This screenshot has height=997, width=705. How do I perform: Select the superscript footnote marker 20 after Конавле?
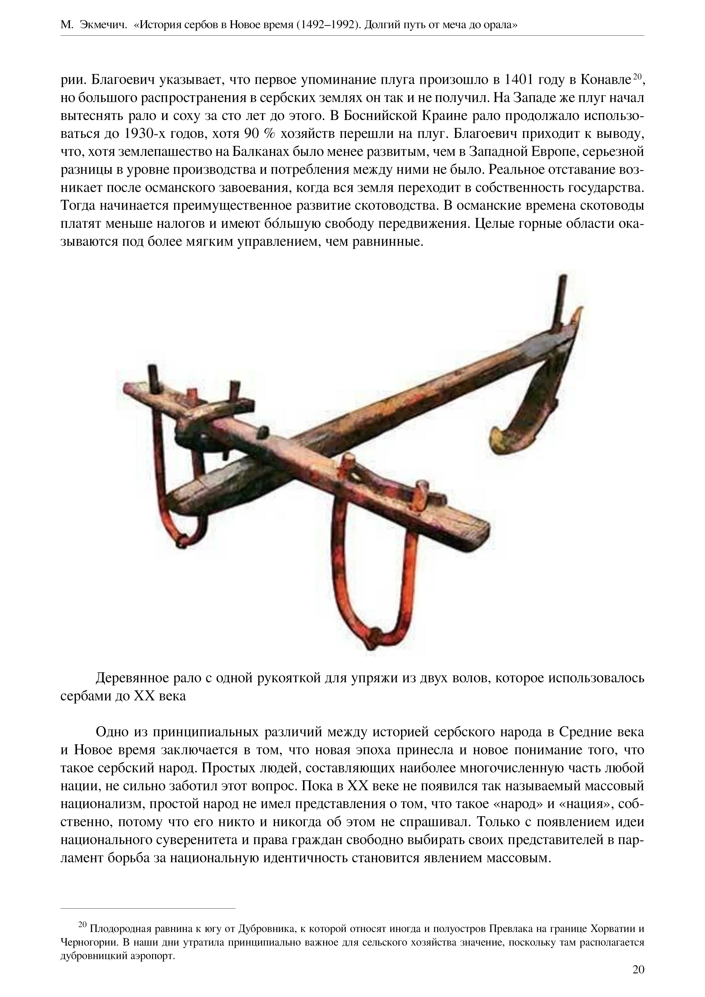(637, 77)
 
